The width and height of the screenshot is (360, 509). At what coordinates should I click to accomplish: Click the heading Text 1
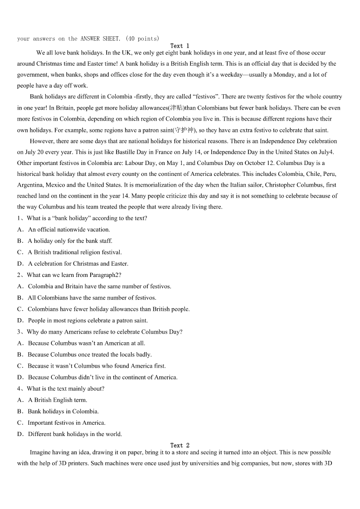180,46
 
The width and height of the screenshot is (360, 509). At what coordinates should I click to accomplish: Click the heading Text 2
180,446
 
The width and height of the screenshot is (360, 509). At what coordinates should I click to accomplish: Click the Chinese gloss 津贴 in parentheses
176,108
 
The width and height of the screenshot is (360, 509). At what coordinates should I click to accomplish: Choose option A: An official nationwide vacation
68,229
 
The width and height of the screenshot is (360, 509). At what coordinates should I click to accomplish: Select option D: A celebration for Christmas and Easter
78,263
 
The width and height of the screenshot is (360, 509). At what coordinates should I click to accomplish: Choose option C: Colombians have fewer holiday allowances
108,309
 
